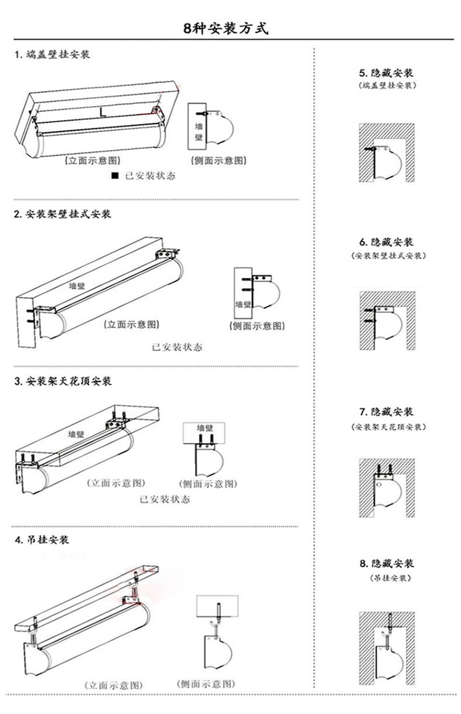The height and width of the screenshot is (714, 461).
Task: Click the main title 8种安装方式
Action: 226,28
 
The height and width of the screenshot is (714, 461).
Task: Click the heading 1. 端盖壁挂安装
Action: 52,55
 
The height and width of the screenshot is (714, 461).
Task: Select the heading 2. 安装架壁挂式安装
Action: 62,214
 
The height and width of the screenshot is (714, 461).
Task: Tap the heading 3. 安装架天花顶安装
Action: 63,381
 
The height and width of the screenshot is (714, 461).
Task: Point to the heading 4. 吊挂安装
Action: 42,540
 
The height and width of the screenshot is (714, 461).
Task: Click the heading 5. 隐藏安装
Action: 387,73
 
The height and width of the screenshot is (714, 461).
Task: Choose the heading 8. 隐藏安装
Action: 387,563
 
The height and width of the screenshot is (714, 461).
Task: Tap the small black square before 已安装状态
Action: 115,175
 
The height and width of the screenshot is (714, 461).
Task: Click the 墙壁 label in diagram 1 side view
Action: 199,132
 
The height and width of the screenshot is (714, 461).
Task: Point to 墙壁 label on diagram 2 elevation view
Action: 77,286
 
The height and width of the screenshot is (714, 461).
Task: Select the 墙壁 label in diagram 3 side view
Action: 205,428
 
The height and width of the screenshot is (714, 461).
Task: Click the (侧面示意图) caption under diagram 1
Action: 219,161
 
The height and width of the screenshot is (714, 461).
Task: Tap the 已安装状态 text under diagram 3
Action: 165,499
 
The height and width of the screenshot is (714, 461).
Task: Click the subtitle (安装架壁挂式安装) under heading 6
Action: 388,256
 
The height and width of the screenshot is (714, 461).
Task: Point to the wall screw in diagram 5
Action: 369,149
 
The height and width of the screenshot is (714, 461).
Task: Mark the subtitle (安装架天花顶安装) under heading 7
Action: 388,427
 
